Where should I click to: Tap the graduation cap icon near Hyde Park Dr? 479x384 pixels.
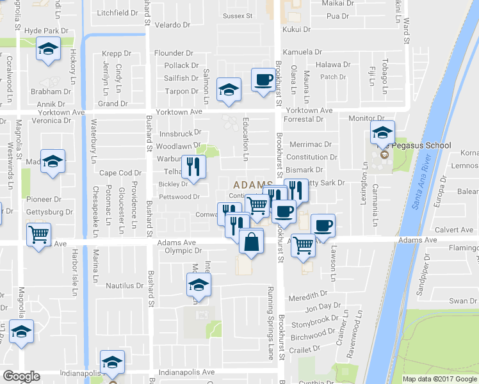48,49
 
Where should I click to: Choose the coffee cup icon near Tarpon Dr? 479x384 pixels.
263,79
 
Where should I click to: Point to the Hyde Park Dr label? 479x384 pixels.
46,31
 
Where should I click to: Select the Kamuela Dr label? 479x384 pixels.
304,52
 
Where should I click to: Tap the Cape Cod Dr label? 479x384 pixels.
120,173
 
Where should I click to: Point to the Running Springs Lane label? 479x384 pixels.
271,322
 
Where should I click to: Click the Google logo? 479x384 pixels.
21,376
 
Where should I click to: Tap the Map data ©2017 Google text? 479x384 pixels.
439,379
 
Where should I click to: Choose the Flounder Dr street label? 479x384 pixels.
174,53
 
